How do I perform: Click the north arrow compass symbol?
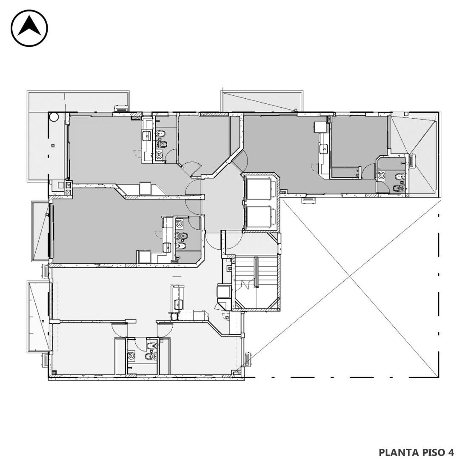pyautogui.click(x=29, y=29)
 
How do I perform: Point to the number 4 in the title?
pyautogui.click(x=451, y=453)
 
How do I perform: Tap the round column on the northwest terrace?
pyautogui.click(x=54, y=117)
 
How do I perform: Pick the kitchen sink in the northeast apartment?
pyautogui.click(x=324, y=148)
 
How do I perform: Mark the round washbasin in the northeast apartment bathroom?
pyautogui.click(x=381, y=175)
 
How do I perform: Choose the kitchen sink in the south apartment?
pyautogui.click(x=179, y=305)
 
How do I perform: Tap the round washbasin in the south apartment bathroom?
pyautogui.click(x=131, y=356)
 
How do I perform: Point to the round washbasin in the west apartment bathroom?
pyautogui.click(x=180, y=223)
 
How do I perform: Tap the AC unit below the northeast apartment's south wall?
pyautogui.click(x=308, y=200)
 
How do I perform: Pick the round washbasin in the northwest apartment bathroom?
pyautogui.click(x=160, y=154)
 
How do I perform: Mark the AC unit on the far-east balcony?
pyautogui.click(x=413, y=161)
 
